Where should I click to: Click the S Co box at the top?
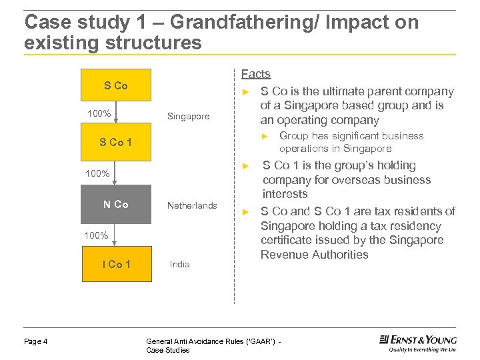click(116, 86)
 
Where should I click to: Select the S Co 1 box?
click(116, 142)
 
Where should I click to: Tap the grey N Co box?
click(116, 205)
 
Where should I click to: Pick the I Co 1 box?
click(116, 264)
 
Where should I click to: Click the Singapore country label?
click(188, 117)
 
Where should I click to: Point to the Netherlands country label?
click(192, 205)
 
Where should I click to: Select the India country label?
click(180, 264)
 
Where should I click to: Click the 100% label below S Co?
click(99, 113)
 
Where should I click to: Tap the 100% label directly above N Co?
click(97, 173)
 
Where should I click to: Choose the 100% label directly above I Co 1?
click(97, 235)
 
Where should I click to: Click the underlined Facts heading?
click(255, 74)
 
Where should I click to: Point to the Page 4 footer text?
click(36, 342)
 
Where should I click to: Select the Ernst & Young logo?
click(418, 343)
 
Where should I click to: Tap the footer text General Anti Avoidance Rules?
click(217, 342)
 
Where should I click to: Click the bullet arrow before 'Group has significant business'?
click(264, 136)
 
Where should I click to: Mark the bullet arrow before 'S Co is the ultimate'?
click(245, 92)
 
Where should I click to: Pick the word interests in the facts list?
click(285, 194)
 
